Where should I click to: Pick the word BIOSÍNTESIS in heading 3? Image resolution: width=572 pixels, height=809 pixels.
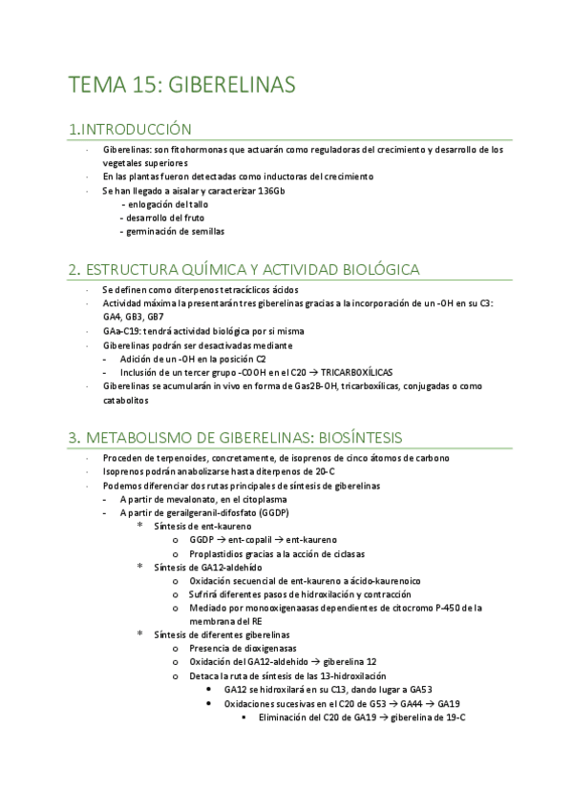pyautogui.click(x=350, y=437)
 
